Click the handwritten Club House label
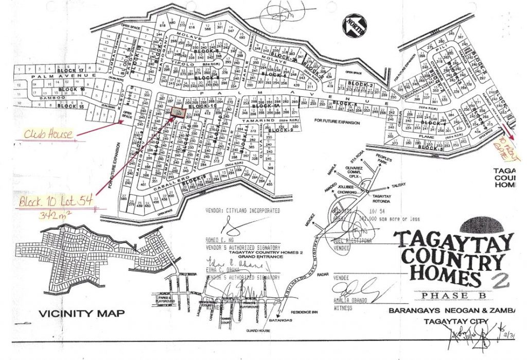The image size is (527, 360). pyautogui.click(x=48, y=135)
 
